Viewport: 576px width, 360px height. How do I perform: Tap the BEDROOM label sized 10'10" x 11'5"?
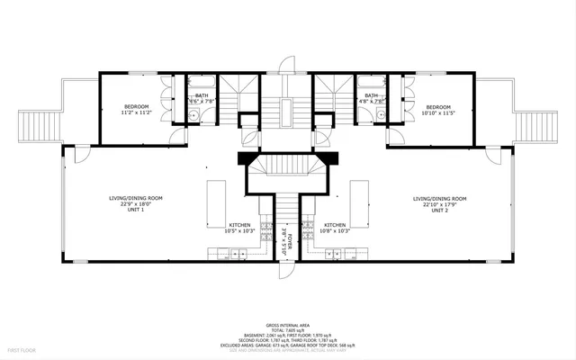pyautogui.click(x=438, y=106)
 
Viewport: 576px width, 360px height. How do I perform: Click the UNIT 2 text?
pyautogui.click(x=439, y=209)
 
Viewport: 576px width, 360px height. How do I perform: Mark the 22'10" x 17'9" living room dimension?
pyautogui.click(x=439, y=203)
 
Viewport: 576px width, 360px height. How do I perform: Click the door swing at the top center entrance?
pyautogui.click(x=287, y=65)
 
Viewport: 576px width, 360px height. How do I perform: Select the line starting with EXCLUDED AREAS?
pyautogui.click(x=287, y=344)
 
